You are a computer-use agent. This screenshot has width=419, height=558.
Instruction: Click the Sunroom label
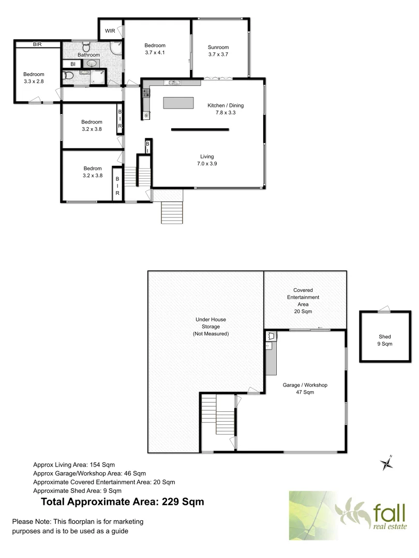pos(218,47)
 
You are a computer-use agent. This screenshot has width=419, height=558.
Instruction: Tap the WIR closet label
pos(110,31)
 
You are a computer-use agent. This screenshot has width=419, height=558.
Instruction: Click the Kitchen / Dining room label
pos(226,105)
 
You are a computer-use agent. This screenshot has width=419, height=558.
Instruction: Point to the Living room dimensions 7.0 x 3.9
pos(207,164)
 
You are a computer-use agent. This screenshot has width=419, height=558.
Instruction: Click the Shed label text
pos(385,337)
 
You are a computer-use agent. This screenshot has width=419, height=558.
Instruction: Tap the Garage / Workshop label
pos(305,385)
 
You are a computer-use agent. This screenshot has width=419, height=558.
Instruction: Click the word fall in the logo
pos(389,513)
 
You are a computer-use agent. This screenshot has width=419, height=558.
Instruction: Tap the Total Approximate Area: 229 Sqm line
pos(122,501)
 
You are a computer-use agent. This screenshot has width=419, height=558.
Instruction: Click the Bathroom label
pos(88,55)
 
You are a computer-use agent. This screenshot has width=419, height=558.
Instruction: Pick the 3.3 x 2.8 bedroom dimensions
pos(34,81)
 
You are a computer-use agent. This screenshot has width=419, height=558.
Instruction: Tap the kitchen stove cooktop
pos(146,94)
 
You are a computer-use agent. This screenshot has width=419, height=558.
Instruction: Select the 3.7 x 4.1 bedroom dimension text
pos(155,52)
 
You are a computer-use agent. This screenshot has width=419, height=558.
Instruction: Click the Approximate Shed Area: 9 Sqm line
pos(77,490)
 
